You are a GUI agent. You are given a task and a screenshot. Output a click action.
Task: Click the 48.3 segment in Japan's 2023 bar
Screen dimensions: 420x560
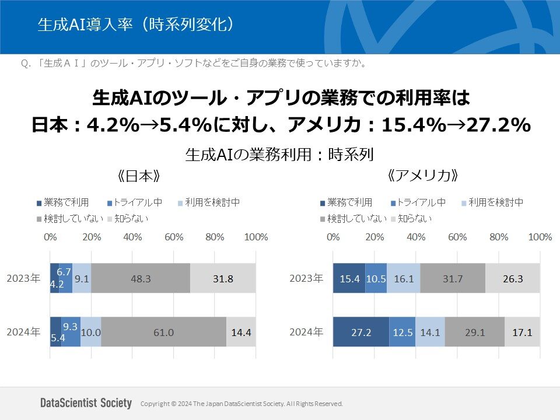[x=141, y=279]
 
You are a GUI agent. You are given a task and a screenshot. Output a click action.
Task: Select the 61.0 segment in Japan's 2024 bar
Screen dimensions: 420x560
[x=163, y=332]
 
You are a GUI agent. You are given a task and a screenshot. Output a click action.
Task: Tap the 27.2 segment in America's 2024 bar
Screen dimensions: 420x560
[x=360, y=332]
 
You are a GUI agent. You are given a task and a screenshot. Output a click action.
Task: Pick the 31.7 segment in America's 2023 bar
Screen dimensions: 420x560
[x=453, y=279]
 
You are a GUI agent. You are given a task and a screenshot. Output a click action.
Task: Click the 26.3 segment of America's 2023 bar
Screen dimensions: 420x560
[x=513, y=279]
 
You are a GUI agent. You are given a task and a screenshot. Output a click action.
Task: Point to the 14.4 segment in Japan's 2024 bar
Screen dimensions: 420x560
[x=241, y=332]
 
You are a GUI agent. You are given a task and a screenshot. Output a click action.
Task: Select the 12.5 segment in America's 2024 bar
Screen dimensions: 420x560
[x=402, y=332]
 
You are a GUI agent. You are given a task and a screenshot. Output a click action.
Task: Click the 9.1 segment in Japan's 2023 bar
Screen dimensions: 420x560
[x=82, y=279]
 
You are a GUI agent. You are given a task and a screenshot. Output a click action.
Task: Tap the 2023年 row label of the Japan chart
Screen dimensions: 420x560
[x=23, y=279]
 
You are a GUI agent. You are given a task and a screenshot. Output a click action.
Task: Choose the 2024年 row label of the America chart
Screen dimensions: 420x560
[x=306, y=332]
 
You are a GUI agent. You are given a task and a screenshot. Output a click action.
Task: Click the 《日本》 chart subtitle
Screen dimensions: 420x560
[x=138, y=176]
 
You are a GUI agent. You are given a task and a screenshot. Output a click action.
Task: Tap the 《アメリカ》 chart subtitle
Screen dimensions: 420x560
[x=422, y=175]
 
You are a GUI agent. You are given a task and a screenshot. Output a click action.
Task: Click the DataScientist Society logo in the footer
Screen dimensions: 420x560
[x=86, y=403]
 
